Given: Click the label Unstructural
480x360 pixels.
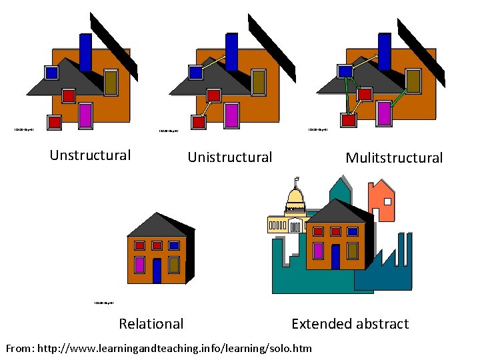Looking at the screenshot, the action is pyautogui.click(x=90, y=155).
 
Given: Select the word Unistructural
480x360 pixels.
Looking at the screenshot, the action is pyautogui.click(x=230, y=157).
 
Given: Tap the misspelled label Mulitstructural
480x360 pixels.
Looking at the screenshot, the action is pyautogui.click(x=394, y=158).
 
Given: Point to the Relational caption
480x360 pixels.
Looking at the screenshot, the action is pyautogui.click(x=151, y=324).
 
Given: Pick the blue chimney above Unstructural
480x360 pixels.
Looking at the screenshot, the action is pyautogui.click(x=85, y=51).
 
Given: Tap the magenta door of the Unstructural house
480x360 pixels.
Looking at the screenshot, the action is pyautogui.click(x=85, y=115).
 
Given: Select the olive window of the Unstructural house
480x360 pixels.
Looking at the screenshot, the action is pyautogui.click(x=111, y=82).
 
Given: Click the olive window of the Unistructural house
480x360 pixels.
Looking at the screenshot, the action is pyautogui.click(x=258, y=82).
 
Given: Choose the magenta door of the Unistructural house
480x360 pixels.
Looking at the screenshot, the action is pyautogui.click(x=231, y=115).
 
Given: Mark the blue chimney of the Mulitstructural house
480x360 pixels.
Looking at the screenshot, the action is pyautogui.click(x=385, y=51).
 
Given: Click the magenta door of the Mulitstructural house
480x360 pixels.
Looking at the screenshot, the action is pyautogui.click(x=384, y=114).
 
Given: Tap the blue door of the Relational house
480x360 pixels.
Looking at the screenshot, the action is pyautogui.click(x=157, y=271).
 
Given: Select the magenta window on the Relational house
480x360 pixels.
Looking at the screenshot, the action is pyautogui.click(x=140, y=265).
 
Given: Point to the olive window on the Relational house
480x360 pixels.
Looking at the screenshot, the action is pyautogui.click(x=174, y=265).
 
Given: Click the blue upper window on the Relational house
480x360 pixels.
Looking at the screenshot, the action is pyautogui.click(x=174, y=245).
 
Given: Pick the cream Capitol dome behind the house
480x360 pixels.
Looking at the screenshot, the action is pyautogui.click(x=295, y=198).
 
